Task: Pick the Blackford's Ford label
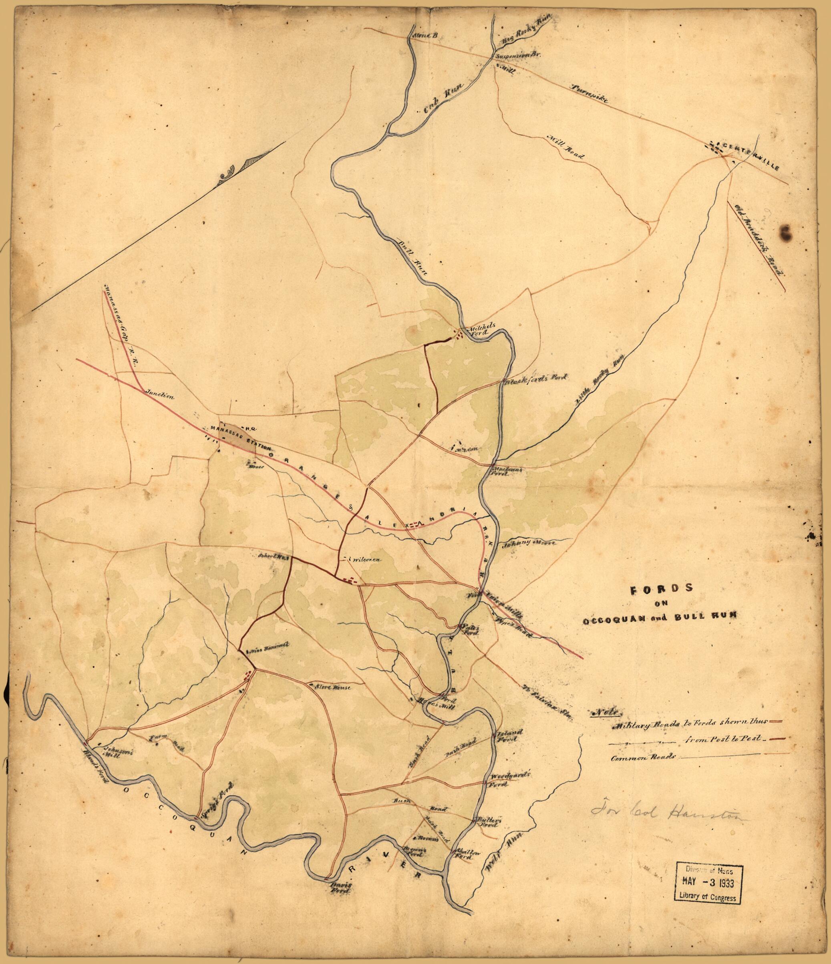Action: point(535,378)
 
